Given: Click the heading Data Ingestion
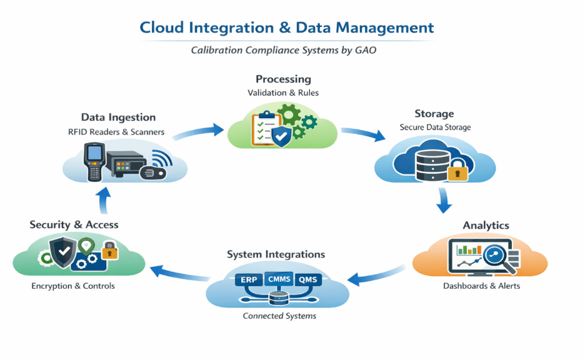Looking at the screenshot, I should pos(118,117).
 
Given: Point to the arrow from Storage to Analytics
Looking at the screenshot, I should pos(444,199).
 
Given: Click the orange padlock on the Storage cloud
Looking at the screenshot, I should pos(458,169).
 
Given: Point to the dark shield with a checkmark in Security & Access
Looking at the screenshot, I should pos(64,252).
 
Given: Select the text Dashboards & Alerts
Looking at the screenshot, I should pos(481,286).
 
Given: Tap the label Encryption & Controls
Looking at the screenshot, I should pos(73,286).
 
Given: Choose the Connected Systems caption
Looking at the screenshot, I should pos(279,316).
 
